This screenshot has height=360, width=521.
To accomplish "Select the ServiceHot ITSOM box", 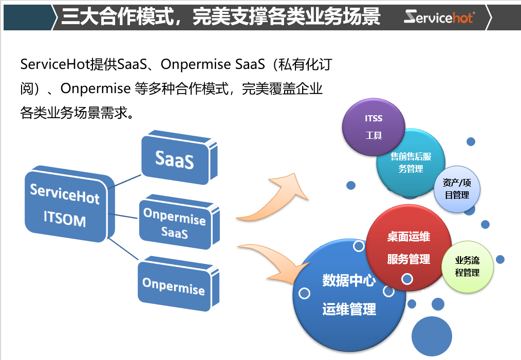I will click(65, 206).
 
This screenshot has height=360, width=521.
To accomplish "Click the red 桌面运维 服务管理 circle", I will click(408, 248).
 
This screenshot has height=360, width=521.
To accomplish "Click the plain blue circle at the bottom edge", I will click(432, 337).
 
